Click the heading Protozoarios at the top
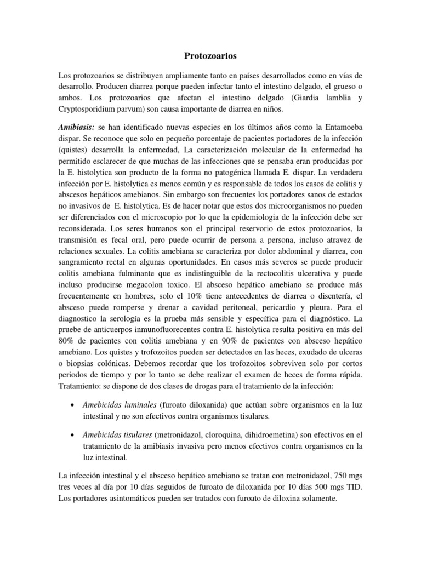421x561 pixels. [210, 55]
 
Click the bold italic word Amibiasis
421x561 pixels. [76, 126]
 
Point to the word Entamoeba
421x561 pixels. [338, 126]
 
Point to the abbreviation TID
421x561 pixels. [352, 486]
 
